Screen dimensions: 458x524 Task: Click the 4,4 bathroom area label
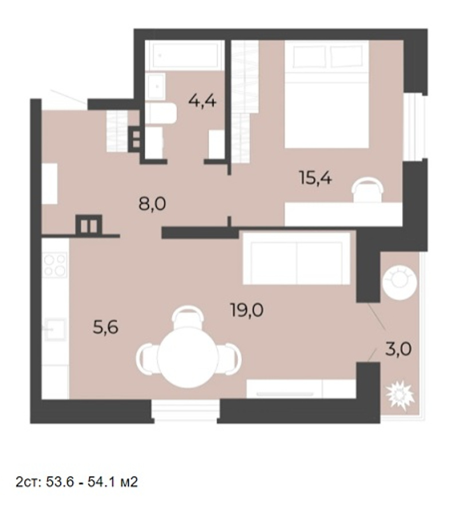pyautogui.click(x=203, y=100)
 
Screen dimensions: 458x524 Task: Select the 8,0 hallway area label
pyautogui.click(x=152, y=204)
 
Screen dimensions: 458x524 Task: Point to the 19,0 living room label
pyautogui.click(x=247, y=310)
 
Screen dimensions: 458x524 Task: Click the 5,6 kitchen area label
pyautogui.click(x=105, y=327)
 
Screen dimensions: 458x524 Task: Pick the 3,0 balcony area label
pyautogui.click(x=398, y=349)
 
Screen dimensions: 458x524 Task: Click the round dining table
pyautogui.click(x=188, y=357)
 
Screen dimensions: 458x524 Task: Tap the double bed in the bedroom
pyautogui.click(x=326, y=94)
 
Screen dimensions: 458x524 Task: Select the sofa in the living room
pyautogui.click(x=297, y=259)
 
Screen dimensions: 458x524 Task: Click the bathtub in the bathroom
pyautogui.click(x=185, y=56)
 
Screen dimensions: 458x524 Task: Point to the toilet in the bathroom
pyautogui.click(x=161, y=113)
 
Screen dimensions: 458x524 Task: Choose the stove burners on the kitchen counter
pyautogui.click(x=55, y=265)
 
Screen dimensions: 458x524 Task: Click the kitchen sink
pyautogui.click(x=55, y=329)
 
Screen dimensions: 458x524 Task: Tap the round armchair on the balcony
pyautogui.click(x=400, y=282)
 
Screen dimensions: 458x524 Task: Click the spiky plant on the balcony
pyautogui.click(x=400, y=396)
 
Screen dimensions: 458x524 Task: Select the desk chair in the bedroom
pyautogui.click(x=367, y=190)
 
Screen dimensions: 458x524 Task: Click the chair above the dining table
pyautogui.click(x=188, y=317)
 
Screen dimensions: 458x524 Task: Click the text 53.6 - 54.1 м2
pyautogui.click(x=92, y=482)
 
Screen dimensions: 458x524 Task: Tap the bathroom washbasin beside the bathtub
pyautogui.click(x=156, y=86)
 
